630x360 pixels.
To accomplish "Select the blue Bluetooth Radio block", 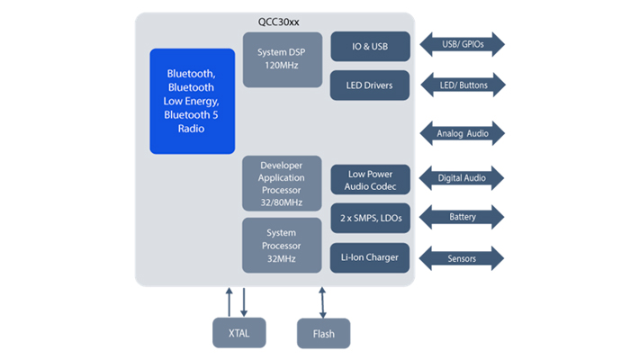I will point(191,100).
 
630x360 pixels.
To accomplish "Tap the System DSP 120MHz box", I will point(282,59).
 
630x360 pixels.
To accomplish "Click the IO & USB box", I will point(370,46).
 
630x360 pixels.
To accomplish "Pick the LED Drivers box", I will point(370,85).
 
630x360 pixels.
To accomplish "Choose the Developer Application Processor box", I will point(282,184).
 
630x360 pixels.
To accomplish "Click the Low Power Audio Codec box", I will point(370,179).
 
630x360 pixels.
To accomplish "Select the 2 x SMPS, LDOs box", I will point(370,218).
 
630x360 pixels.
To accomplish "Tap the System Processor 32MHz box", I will point(282,244).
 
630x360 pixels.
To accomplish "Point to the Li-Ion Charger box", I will point(370,258).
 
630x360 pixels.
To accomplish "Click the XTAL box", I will point(238,333).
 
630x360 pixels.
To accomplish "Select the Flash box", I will point(323,333).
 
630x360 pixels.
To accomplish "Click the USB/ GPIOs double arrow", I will point(463,44).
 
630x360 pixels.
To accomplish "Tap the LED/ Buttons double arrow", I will point(463,85).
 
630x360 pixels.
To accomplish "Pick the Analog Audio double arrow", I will point(463,133).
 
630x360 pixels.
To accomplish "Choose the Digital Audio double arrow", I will point(463,178).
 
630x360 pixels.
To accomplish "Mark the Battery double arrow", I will point(463,217).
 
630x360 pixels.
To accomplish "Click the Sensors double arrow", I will point(463,258).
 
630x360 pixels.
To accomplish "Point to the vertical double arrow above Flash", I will point(323,301).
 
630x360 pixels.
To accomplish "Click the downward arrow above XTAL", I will point(245,302).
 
